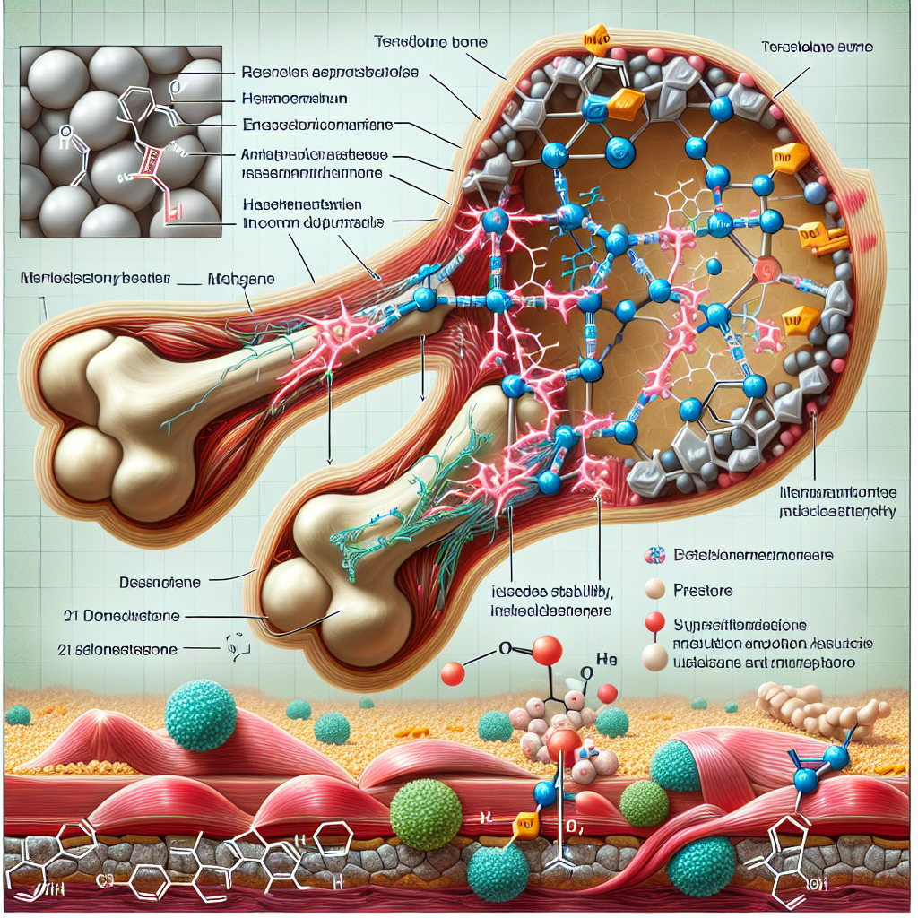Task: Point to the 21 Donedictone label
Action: click(122, 616)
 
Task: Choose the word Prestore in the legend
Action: click(704, 592)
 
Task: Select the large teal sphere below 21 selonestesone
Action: click(201, 714)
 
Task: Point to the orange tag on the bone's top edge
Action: click(595, 41)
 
